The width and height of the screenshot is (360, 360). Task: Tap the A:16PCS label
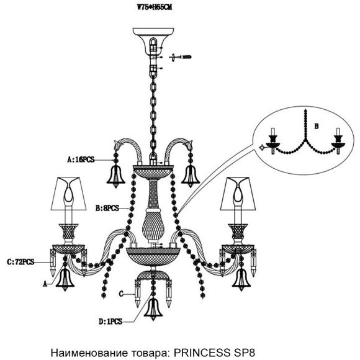point(80,160)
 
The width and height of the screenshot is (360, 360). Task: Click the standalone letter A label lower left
point(45,282)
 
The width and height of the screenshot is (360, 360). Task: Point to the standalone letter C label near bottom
point(122,292)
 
